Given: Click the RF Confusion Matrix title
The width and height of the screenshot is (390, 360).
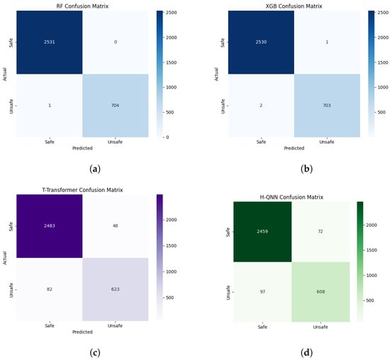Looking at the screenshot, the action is (x=82, y=6).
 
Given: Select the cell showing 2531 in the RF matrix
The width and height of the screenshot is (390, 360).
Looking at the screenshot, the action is (x=50, y=43).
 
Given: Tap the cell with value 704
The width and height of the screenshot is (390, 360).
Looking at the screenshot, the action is (x=116, y=106).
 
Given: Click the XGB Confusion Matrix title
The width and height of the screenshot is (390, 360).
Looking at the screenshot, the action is (x=294, y=6).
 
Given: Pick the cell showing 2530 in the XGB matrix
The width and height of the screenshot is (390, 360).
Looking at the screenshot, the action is (x=261, y=43).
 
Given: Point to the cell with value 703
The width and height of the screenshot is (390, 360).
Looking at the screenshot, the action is (x=327, y=106).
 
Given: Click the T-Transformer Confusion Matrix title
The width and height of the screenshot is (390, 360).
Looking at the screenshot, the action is (x=82, y=190).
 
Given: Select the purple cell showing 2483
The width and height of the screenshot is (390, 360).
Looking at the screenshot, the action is (x=50, y=226).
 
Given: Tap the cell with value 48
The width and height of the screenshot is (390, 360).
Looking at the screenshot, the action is (x=116, y=226).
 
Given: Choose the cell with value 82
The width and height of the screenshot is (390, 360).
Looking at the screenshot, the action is (x=50, y=289).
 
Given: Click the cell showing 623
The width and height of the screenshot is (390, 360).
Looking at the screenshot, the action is (x=116, y=289).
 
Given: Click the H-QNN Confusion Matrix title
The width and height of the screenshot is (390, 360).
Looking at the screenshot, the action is (x=291, y=197).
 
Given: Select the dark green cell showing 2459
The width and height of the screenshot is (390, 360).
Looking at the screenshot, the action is (x=262, y=232).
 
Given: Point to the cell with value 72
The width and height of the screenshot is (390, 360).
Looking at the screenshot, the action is (x=321, y=232).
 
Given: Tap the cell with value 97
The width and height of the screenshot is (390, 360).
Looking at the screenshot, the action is (x=262, y=292).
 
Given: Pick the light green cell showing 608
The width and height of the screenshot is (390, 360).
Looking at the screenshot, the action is (x=321, y=292).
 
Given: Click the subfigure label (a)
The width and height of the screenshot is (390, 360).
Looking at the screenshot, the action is (x=95, y=169).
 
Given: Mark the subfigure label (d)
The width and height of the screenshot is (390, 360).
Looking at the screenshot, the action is (x=306, y=353).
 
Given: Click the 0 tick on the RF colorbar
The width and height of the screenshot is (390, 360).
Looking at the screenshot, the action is (x=167, y=137).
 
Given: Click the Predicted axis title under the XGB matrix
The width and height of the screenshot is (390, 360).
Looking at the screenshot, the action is (x=294, y=148).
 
